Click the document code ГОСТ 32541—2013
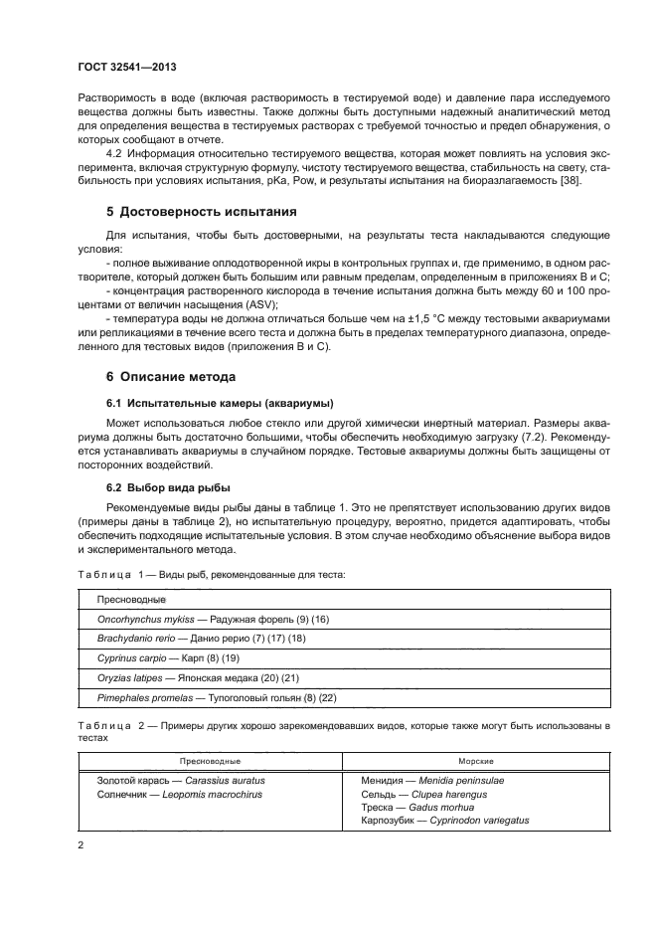(x=121, y=68)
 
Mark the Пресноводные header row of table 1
(x=130, y=600)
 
